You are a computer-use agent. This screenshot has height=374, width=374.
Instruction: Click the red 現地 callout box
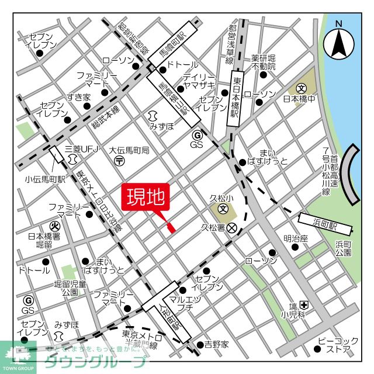146,198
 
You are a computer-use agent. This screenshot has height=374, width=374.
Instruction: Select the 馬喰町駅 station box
174,45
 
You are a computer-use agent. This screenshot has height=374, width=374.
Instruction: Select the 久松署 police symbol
232,227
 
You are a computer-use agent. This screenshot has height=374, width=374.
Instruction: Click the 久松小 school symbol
223,208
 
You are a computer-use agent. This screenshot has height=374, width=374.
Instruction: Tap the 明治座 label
296,238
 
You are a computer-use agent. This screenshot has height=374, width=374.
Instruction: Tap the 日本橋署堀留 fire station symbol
54,225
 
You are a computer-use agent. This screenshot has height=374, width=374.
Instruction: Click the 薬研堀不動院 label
264,62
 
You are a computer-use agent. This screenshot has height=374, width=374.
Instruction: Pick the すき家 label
78,97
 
